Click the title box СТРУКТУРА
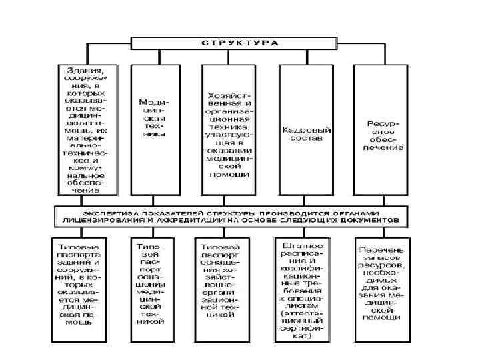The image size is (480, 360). [239, 43]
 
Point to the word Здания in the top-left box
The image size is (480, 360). [85, 68]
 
